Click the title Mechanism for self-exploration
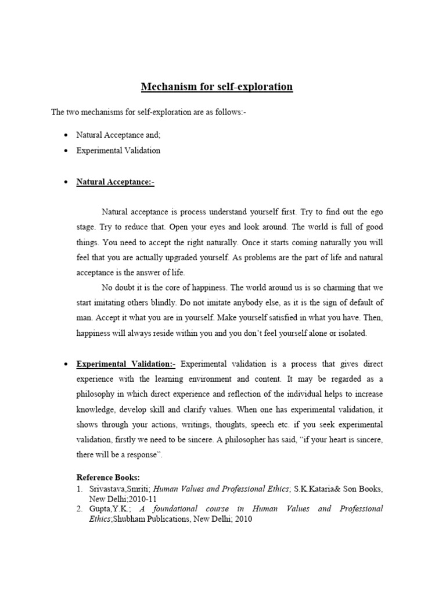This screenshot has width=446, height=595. (217, 87)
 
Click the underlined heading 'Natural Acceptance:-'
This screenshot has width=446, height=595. (116, 182)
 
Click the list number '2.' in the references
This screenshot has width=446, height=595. (80, 509)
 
